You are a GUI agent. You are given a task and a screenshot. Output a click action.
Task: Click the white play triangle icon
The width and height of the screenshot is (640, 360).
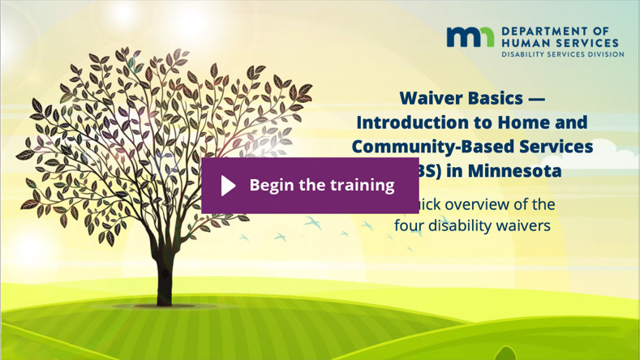click(228, 186)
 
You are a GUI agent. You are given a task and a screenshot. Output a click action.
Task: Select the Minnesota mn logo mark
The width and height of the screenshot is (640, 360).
click(470, 37)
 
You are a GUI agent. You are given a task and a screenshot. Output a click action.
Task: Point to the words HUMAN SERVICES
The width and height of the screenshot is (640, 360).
click(560, 42)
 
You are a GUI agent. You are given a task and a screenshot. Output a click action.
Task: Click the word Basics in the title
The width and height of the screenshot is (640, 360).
click(496, 98)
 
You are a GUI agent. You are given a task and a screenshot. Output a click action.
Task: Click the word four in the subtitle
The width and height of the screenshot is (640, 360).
click(410, 225)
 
